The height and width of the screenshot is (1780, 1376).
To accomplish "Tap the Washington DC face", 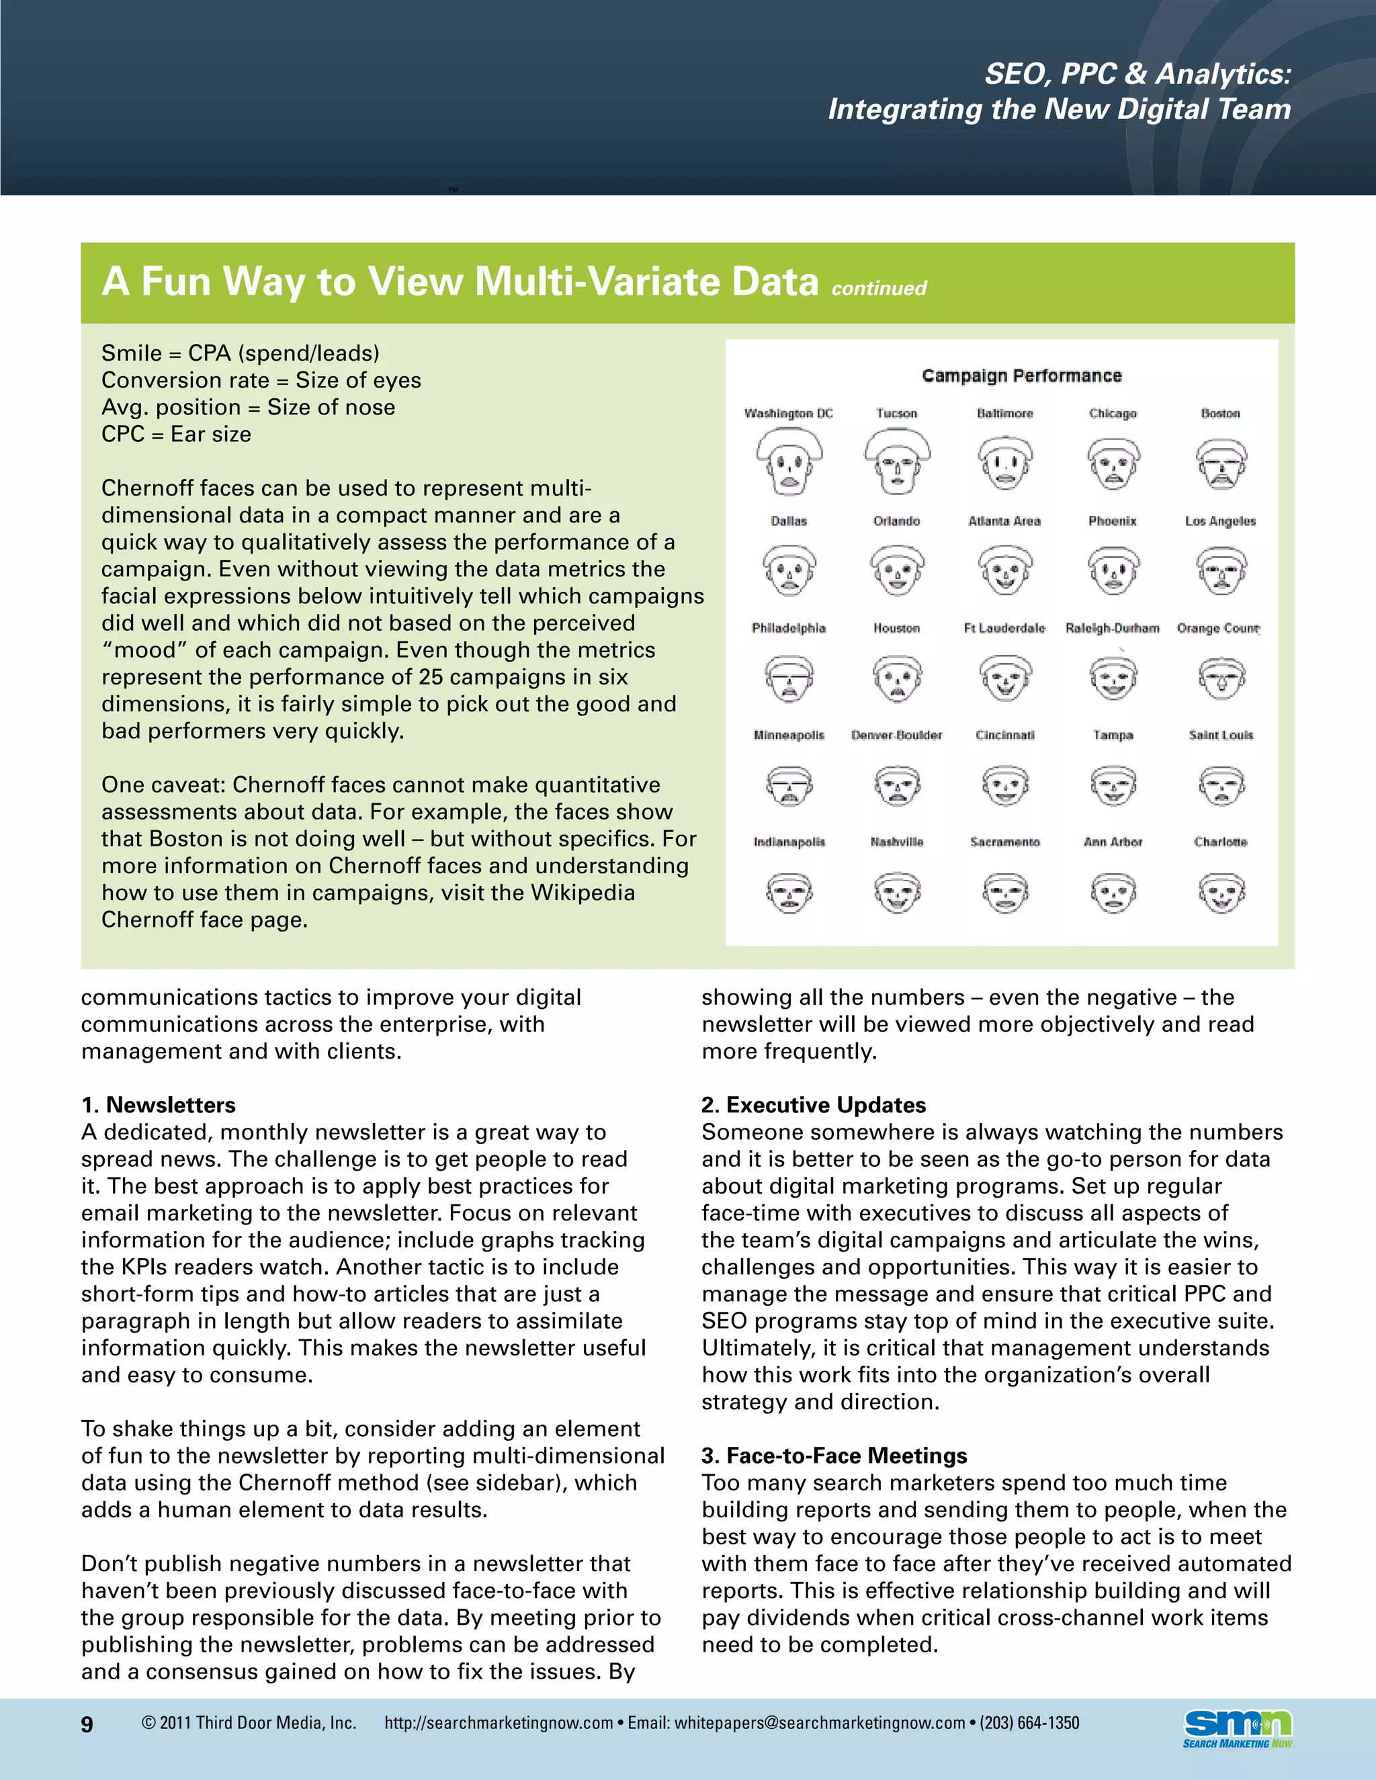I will click(788, 463).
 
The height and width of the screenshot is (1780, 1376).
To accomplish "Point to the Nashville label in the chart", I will click(897, 841).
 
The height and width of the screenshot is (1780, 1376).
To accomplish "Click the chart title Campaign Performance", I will click(1021, 375).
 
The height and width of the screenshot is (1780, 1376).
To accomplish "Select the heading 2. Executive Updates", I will click(814, 1104).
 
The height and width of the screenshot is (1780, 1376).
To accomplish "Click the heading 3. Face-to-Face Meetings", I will click(834, 1455).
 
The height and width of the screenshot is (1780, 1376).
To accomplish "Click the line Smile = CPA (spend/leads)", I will click(241, 353).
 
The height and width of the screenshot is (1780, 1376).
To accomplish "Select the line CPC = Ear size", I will click(176, 434).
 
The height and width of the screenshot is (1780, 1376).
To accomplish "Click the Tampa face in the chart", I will click(1113, 785).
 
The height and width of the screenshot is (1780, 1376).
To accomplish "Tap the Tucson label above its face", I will click(897, 413).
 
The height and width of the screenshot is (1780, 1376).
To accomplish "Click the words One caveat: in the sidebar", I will click(163, 784).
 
